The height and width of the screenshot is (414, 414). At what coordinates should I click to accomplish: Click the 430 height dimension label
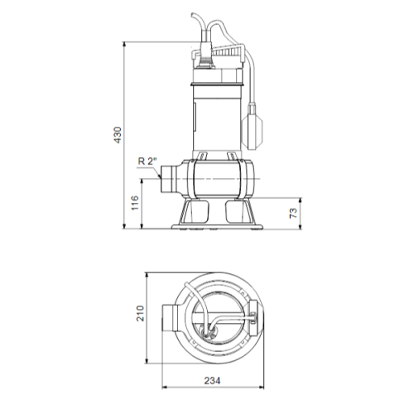118,135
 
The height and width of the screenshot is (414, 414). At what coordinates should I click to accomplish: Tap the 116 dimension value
135,203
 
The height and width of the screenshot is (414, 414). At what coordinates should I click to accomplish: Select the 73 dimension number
294,213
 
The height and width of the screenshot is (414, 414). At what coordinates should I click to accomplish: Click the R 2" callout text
147,161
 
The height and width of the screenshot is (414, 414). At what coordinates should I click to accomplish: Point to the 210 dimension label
140,313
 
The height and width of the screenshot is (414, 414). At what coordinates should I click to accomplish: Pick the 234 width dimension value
212,381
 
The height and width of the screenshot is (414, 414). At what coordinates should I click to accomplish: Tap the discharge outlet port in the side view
168,179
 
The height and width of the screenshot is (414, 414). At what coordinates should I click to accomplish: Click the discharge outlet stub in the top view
169,318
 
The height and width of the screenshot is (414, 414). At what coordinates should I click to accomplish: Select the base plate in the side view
217,227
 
